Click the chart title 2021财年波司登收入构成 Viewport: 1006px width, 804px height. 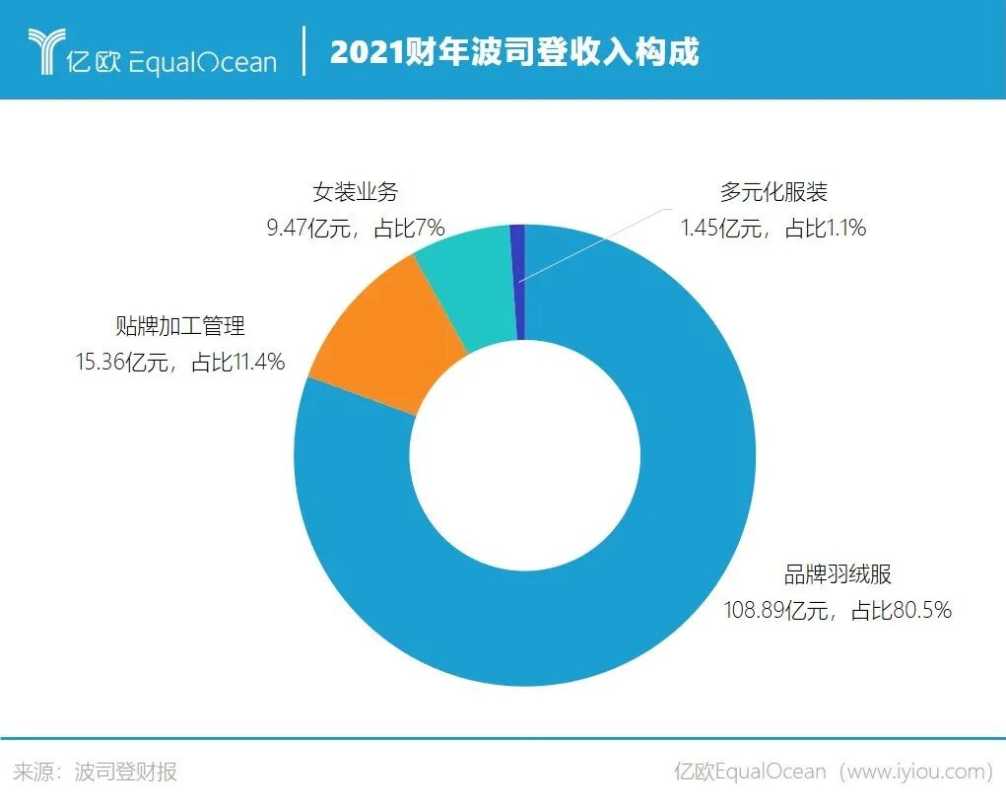514,51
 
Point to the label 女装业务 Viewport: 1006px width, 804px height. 355,192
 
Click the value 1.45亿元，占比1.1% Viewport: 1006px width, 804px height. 773,229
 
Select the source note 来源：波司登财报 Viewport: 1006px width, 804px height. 96,771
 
